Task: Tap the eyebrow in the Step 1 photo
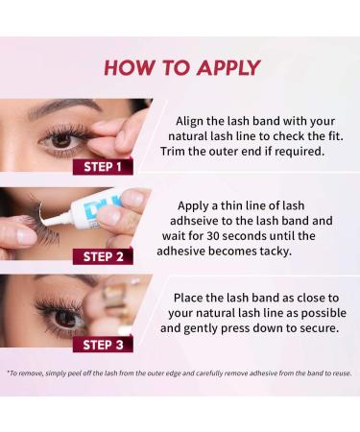point(58,113)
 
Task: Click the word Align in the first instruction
point(192,121)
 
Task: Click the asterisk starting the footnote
point(9,372)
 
